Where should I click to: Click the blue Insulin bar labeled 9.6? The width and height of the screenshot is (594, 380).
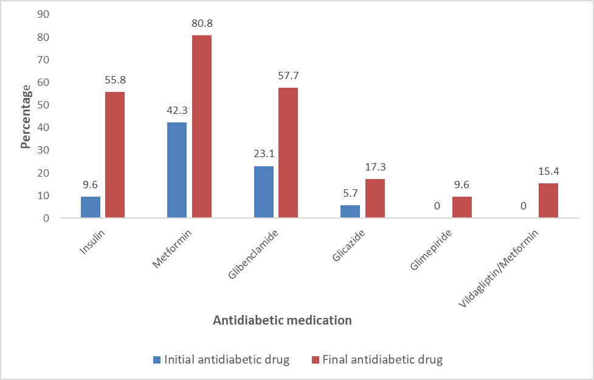click(91, 207)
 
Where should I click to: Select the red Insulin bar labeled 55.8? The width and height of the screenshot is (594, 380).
click(115, 155)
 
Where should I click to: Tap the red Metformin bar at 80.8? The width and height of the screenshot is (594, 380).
click(201, 127)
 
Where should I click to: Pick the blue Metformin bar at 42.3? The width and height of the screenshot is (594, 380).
click(177, 170)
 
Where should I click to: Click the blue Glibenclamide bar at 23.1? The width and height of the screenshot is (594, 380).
click(263, 192)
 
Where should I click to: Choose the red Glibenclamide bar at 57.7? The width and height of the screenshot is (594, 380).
click(288, 153)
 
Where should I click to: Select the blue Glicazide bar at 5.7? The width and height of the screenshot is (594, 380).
click(350, 211)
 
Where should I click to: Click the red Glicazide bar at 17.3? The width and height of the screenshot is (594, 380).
click(375, 199)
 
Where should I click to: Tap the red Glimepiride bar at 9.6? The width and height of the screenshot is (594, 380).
click(461, 207)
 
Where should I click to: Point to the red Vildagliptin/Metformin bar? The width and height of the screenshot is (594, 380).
click(548, 200)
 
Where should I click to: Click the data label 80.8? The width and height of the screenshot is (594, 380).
click(201, 24)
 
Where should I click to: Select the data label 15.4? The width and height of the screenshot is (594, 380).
click(548, 172)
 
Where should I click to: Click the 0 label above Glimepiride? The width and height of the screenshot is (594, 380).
click(437, 206)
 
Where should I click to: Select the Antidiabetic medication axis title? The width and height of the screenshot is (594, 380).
click(282, 320)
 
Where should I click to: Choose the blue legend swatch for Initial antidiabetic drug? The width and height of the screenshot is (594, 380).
click(157, 359)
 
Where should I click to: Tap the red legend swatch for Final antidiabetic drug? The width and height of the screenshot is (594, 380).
click(315, 359)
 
